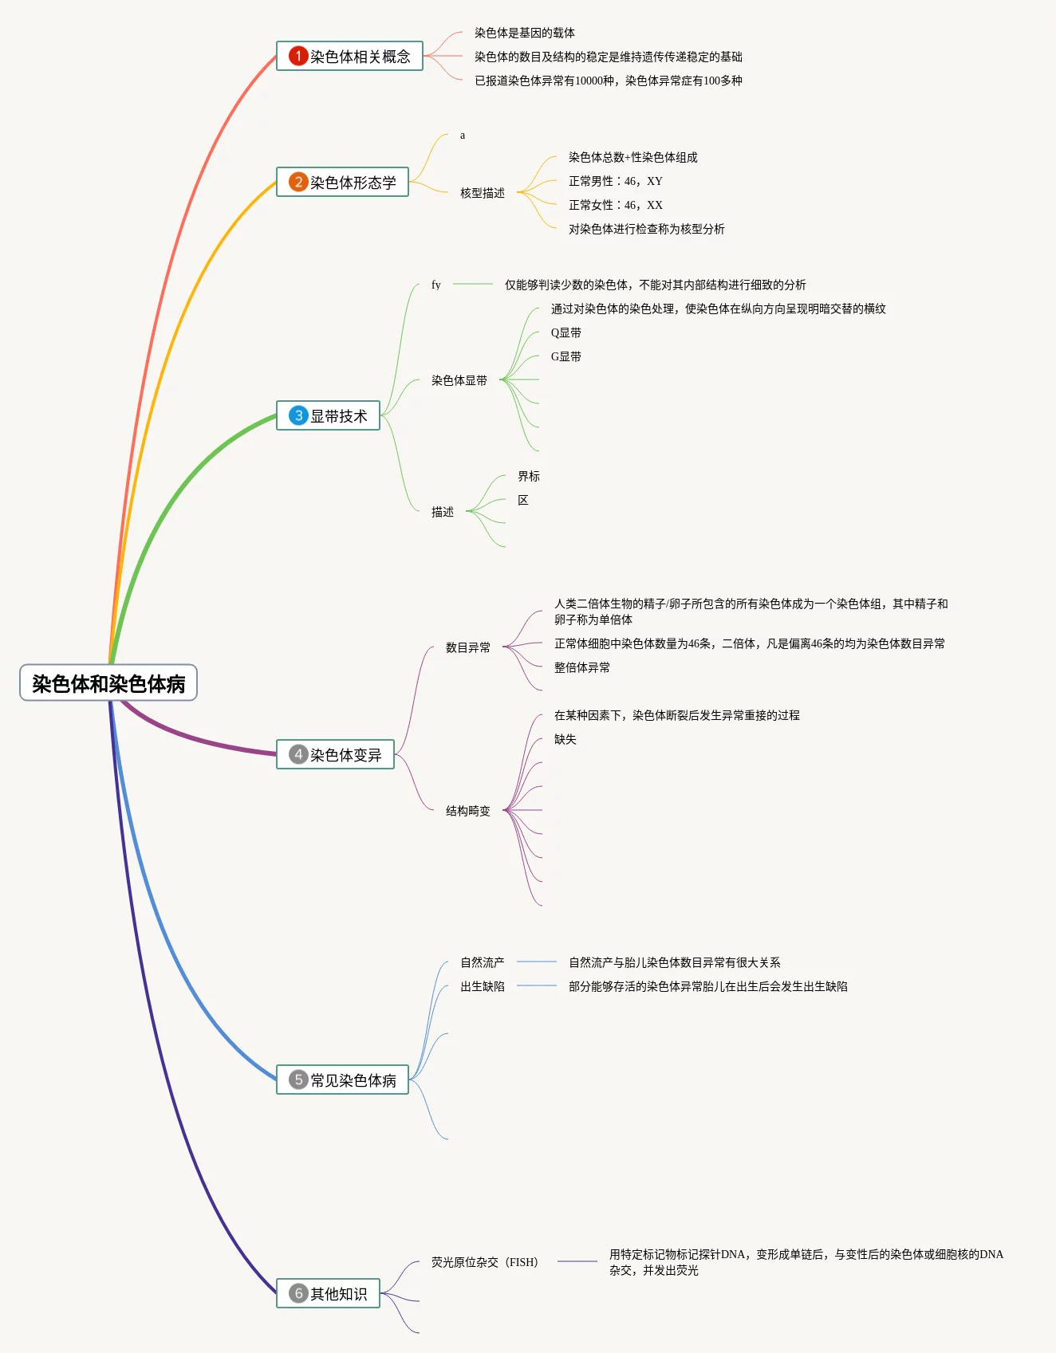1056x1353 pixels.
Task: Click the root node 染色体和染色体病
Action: pyautogui.click(x=108, y=683)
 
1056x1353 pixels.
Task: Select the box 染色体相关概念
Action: pyautogui.click(x=349, y=57)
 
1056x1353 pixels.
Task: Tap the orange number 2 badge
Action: pyautogui.click(x=298, y=182)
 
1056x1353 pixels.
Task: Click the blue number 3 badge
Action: pyautogui.click(x=298, y=415)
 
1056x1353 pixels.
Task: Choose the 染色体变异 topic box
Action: pyautogui.click(x=335, y=754)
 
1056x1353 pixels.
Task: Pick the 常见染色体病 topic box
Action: pyautogui.click(x=342, y=1080)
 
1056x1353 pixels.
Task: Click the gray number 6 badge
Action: pyautogui.click(x=298, y=1293)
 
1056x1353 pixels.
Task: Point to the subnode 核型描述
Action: pyautogui.click(x=483, y=193)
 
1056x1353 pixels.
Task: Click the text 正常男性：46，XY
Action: pyautogui.click(x=615, y=181)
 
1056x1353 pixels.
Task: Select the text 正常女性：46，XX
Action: pyautogui.click(x=615, y=205)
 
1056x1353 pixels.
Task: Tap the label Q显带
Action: pyautogui.click(x=565, y=332)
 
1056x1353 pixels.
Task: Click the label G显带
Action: pyautogui.click(x=565, y=356)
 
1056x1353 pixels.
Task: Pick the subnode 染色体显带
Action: pyautogui.click(x=459, y=380)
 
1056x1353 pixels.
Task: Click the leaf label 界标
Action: pyautogui.click(x=528, y=476)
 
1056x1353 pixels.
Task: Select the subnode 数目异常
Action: pyautogui.click(x=467, y=647)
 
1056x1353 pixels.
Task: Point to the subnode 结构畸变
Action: pyautogui.click(x=467, y=811)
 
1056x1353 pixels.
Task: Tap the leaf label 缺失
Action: pyautogui.click(x=565, y=739)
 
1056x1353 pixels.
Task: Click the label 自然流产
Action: pyautogui.click(x=482, y=962)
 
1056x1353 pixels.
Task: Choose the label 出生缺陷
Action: pyautogui.click(x=482, y=986)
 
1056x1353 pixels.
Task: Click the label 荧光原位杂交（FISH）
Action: pyautogui.click(x=484, y=1262)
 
